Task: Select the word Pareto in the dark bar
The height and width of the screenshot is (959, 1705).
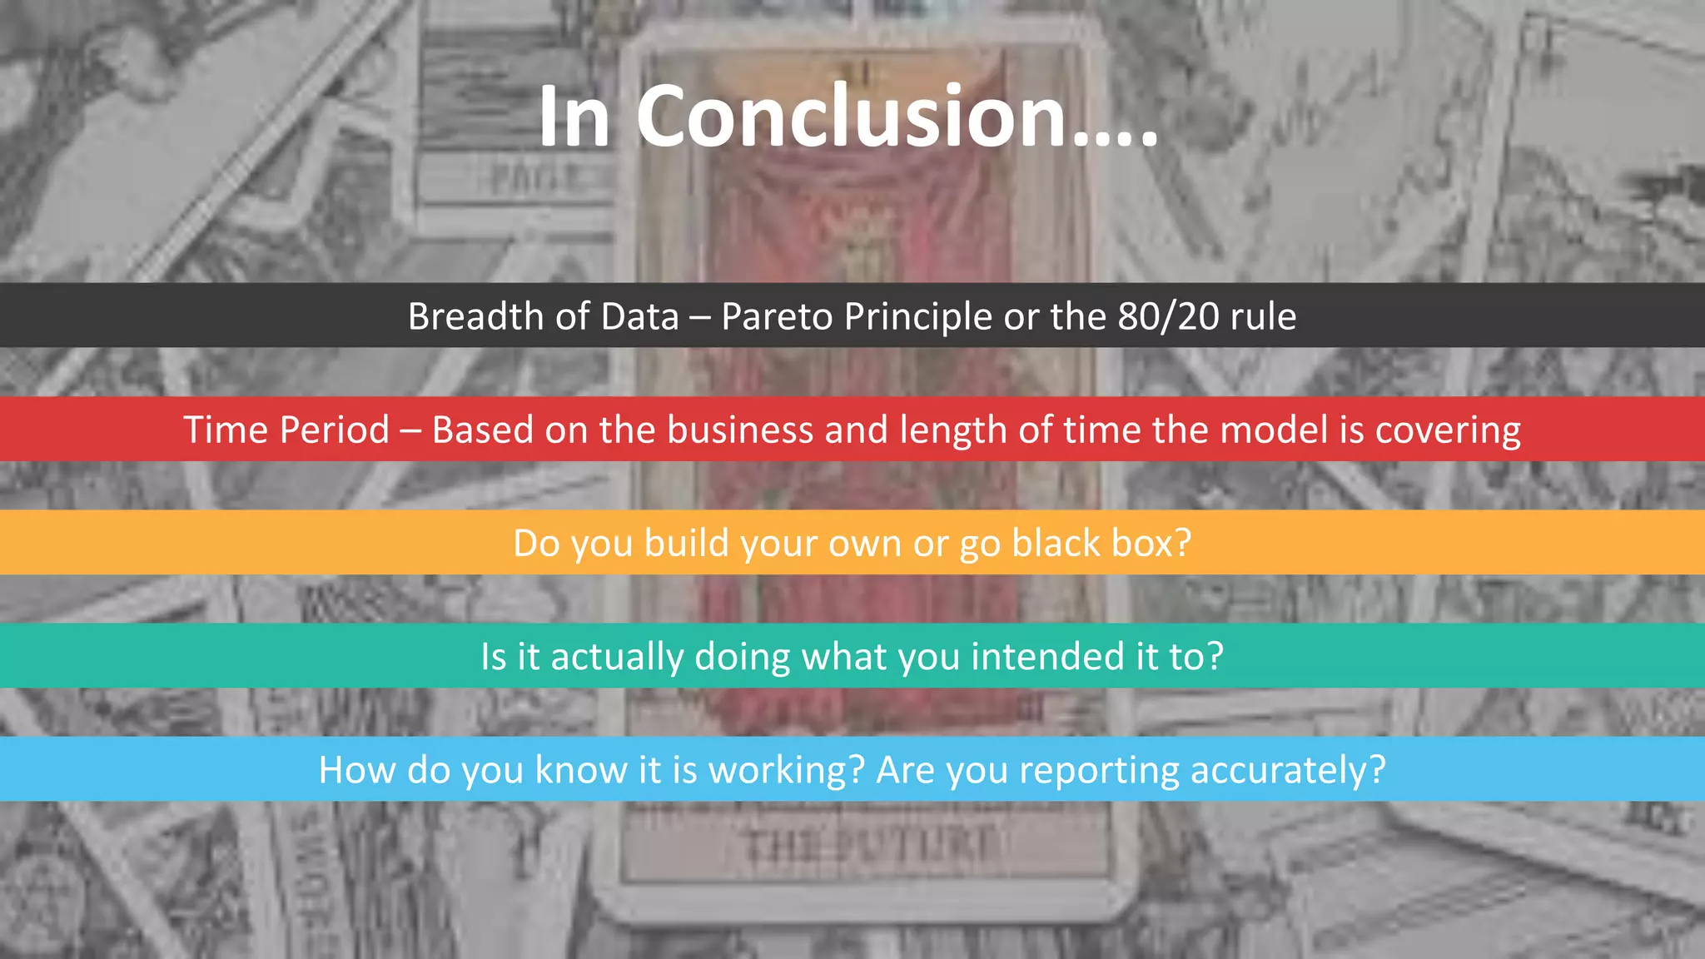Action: [x=777, y=316]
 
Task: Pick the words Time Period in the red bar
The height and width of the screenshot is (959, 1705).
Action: [x=286, y=430]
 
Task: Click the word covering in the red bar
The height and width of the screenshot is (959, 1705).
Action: [x=1448, y=430]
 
